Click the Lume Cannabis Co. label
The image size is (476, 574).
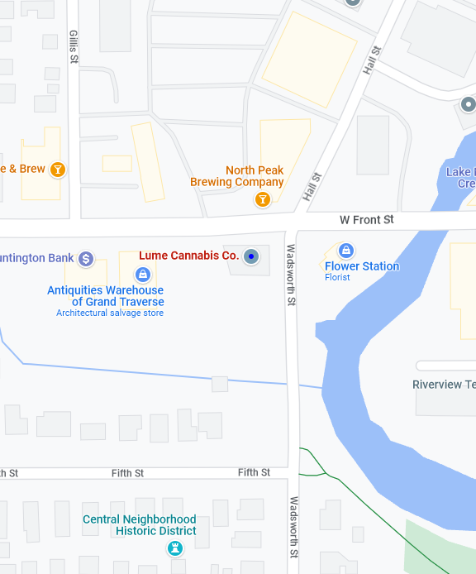188,256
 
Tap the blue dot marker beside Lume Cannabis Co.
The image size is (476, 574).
252,256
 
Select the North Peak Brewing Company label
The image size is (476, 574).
237,176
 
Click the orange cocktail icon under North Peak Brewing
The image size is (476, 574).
262,199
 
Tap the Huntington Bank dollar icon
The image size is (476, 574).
86,259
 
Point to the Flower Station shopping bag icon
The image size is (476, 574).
347,250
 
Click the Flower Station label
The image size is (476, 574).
362,266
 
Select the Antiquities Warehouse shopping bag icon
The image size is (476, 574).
143,274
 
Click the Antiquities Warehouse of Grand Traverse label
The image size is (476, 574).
105,296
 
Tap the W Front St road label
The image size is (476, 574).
367,220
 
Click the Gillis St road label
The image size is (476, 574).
74,47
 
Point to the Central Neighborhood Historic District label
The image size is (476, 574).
140,525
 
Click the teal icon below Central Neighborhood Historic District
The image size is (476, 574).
174,548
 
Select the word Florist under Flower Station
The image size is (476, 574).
337,278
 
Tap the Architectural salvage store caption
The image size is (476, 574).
110,313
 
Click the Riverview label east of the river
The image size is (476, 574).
444,385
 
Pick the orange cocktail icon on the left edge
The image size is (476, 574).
57,170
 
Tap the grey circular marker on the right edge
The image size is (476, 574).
468,104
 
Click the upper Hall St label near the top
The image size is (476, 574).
372,61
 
